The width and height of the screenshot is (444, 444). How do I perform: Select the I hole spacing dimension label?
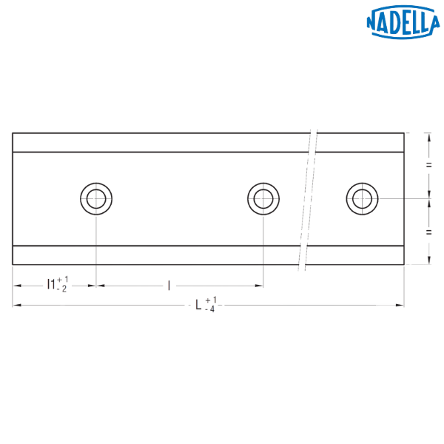169,284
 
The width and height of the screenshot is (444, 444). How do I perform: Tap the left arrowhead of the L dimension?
16,305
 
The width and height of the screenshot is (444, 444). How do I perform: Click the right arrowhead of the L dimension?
400,305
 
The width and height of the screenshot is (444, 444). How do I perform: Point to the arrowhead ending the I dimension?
260,285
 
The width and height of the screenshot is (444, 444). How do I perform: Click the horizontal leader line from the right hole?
403,198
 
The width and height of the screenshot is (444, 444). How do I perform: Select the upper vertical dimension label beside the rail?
428,165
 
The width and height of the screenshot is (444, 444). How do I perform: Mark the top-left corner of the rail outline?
12,132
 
